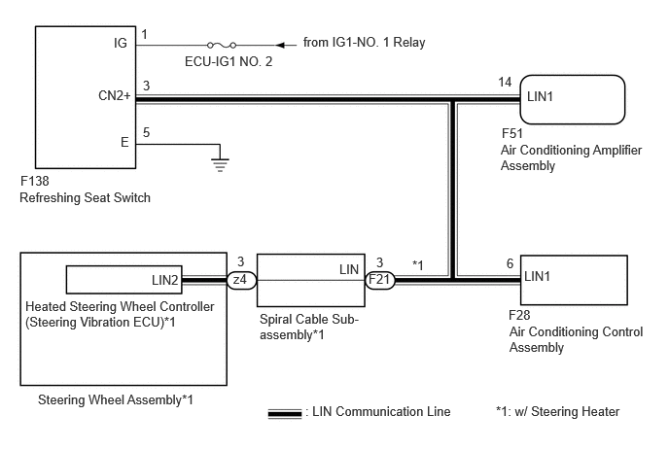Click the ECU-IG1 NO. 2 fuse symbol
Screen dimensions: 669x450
[x=222, y=45]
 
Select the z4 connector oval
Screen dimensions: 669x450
[x=241, y=280]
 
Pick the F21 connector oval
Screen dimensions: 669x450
[x=380, y=280]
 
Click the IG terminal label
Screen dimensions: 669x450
[x=120, y=43]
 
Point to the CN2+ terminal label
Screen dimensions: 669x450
[x=115, y=95]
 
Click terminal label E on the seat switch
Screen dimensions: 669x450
[x=124, y=142]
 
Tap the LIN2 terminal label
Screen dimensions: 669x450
[x=164, y=280]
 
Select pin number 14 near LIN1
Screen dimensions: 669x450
[x=505, y=82]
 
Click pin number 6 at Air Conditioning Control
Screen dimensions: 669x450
[x=510, y=263]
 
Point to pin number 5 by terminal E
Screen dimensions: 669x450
[x=146, y=132]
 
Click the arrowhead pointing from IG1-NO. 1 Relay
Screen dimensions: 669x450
[x=280, y=45]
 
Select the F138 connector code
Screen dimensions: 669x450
[x=35, y=182]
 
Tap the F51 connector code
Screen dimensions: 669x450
[x=512, y=133]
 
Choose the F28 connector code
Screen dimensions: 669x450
[x=519, y=315]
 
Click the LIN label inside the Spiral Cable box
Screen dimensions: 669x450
[x=349, y=269]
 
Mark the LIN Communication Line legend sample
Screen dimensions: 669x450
[x=285, y=413]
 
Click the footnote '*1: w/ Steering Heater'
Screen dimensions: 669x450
[x=557, y=412]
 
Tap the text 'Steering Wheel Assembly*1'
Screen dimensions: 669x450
[x=116, y=400]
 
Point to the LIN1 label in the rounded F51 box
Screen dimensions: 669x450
[x=540, y=97]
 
